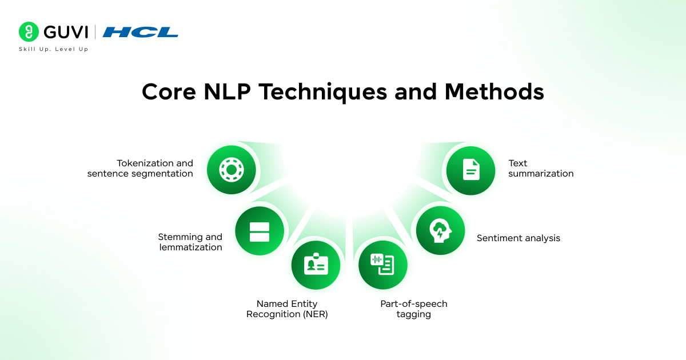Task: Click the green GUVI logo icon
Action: coord(28,31)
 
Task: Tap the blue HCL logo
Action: coord(141,32)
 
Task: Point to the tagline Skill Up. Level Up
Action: coord(54,49)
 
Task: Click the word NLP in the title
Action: coord(228,92)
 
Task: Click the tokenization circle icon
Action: coord(231,170)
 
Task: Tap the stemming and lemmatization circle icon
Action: coord(259,231)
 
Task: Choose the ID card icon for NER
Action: coord(316,265)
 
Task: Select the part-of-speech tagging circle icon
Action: coord(382,265)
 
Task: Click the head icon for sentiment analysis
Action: coord(440,230)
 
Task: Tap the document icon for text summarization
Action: coord(470,170)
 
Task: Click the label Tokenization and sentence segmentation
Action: coord(141,169)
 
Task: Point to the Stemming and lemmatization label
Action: coord(190,242)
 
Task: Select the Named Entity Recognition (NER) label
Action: coord(287,309)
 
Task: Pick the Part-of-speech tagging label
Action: coord(414,309)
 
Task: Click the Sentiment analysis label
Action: coord(519,238)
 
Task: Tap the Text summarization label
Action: coord(541,169)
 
